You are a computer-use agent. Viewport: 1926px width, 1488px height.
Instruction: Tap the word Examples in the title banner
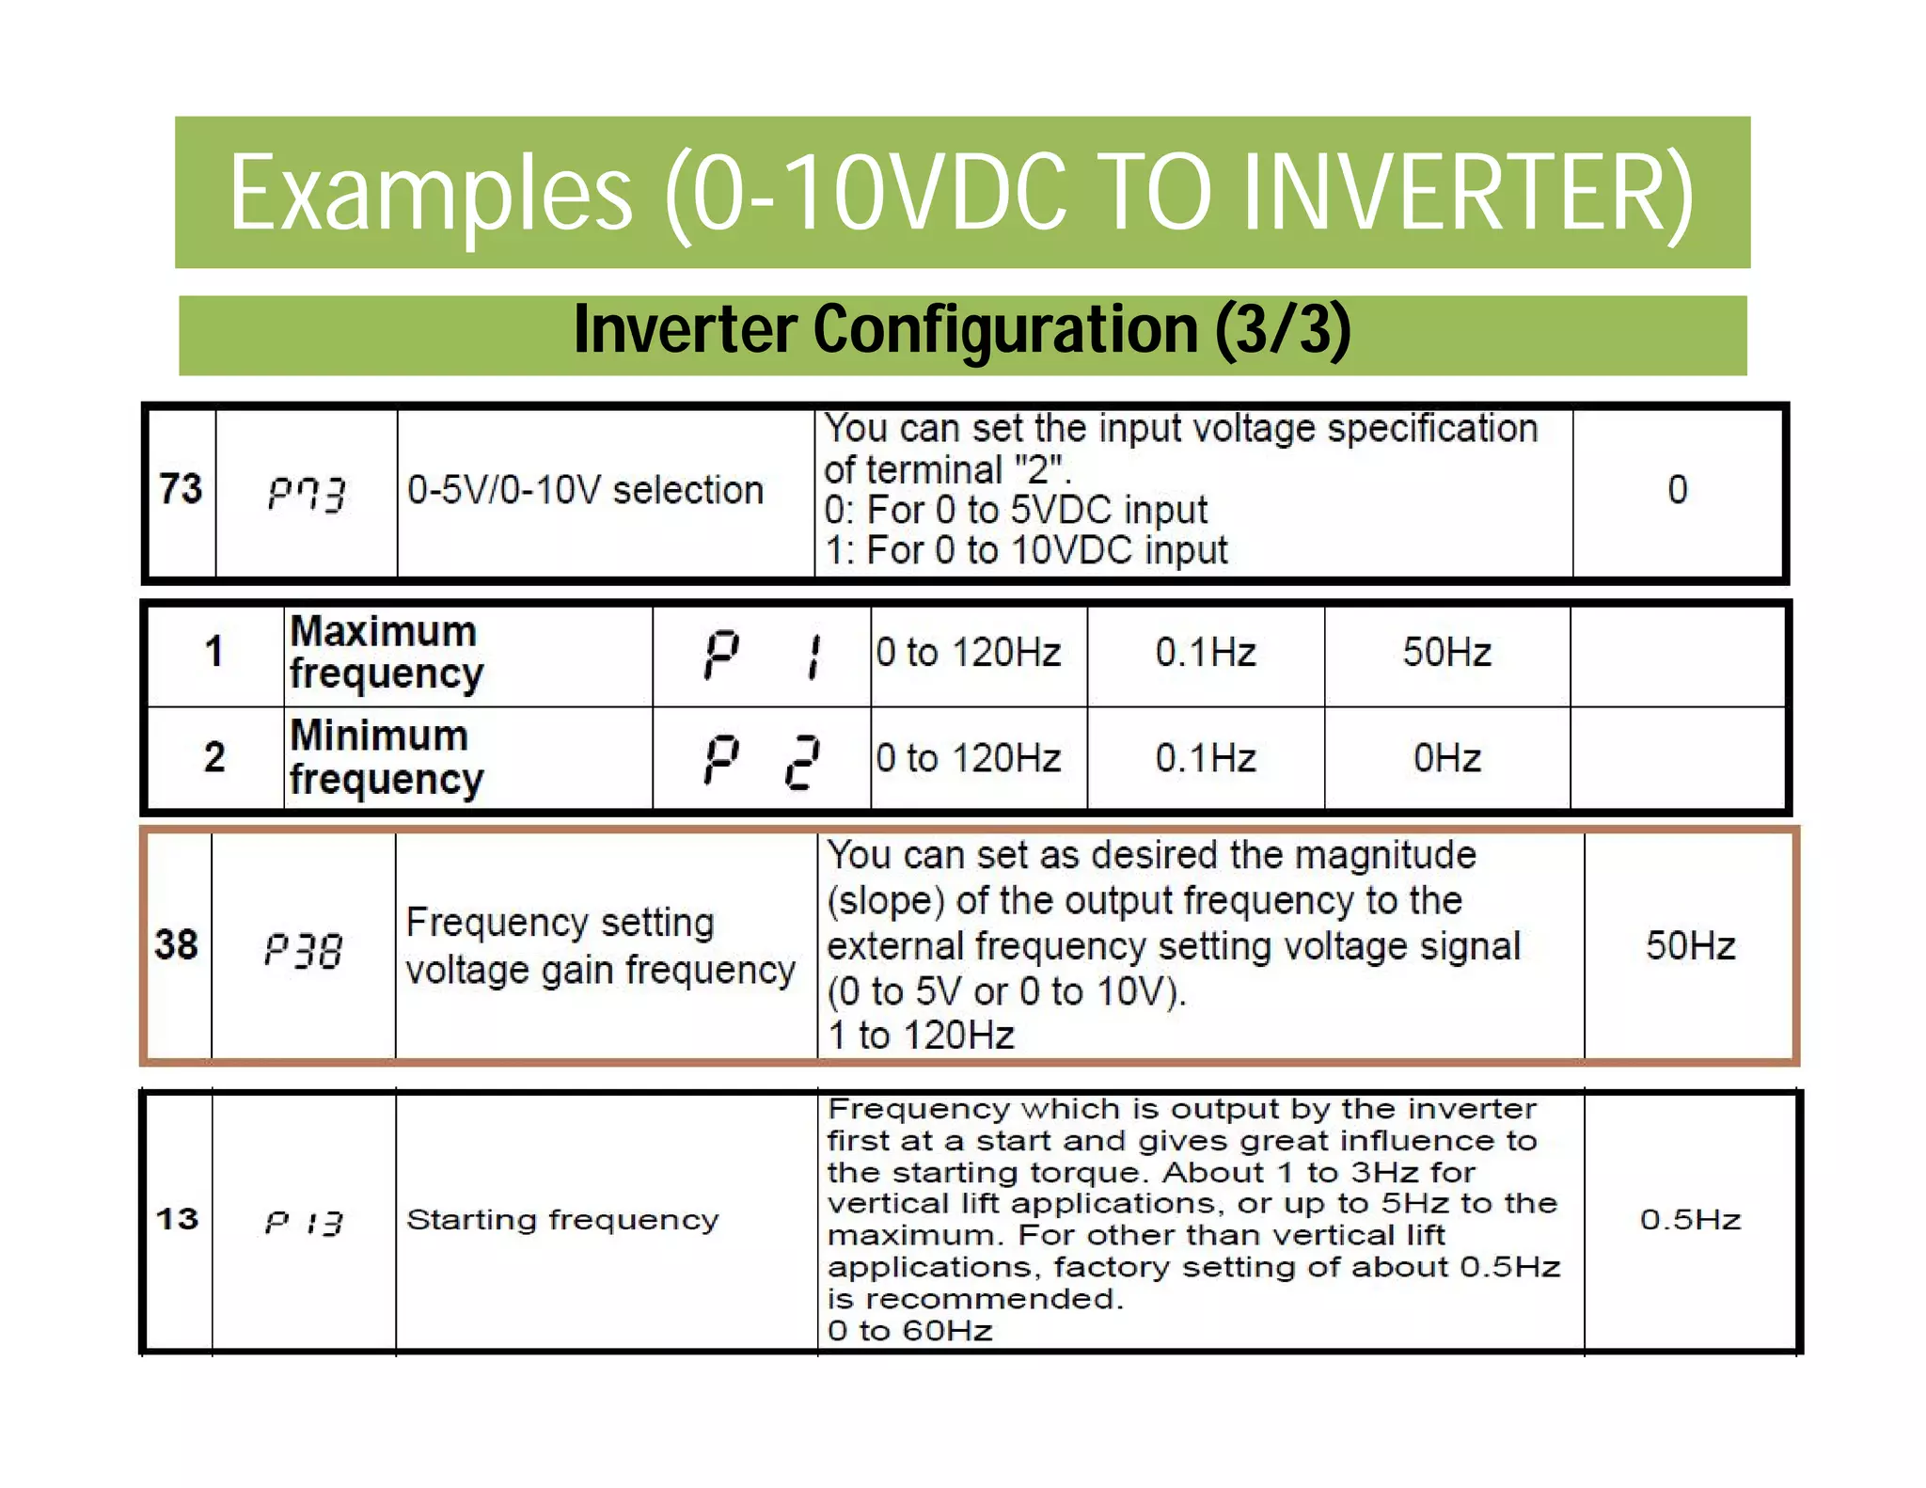(x=431, y=195)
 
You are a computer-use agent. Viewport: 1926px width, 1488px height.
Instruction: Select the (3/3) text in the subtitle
(x=1283, y=330)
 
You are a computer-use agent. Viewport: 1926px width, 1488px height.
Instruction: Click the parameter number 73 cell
(x=181, y=489)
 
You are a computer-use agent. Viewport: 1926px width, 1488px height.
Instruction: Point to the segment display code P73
(x=307, y=492)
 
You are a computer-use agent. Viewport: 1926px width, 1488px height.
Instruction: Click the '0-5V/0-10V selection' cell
(x=585, y=490)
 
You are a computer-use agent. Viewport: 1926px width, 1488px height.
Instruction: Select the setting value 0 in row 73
(x=1677, y=489)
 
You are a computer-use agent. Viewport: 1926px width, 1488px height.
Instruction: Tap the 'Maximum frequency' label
(x=386, y=652)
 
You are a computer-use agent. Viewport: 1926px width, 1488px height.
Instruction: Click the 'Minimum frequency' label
(x=386, y=757)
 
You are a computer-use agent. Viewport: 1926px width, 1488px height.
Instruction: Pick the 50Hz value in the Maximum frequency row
(x=1446, y=652)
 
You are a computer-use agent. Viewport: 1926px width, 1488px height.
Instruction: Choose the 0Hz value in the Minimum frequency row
(x=1446, y=758)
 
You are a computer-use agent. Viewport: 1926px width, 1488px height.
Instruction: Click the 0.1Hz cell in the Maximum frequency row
(x=1206, y=652)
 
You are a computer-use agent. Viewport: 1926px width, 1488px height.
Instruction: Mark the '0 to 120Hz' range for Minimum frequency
(x=969, y=758)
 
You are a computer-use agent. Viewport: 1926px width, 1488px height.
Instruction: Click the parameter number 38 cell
(x=177, y=944)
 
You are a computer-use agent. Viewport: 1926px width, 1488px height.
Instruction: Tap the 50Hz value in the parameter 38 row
(x=1690, y=945)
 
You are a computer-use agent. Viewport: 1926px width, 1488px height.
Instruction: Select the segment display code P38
(x=304, y=949)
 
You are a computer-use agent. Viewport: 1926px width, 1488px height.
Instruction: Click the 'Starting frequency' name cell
(x=562, y=1220)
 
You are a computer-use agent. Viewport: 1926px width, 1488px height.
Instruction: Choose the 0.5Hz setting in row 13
(x=1690, y=1220)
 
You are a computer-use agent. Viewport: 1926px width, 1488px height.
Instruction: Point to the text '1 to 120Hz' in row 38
(x=922, y=1036)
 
